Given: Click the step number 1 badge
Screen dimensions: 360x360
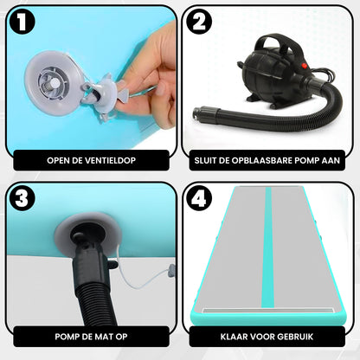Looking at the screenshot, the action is coord(22,22).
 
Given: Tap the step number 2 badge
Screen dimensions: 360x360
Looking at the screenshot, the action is coord(199,22).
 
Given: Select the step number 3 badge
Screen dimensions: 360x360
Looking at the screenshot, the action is coord(22,198).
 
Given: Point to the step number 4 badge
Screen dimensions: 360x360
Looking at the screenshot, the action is coord(199,198).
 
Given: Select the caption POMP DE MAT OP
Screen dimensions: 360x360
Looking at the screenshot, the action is coord(91,337).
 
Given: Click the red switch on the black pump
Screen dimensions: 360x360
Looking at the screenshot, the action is coord(305,66).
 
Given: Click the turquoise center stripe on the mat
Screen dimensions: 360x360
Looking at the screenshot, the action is coord(268,247).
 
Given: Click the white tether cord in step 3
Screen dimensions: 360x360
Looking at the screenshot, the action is coord(141,277).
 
